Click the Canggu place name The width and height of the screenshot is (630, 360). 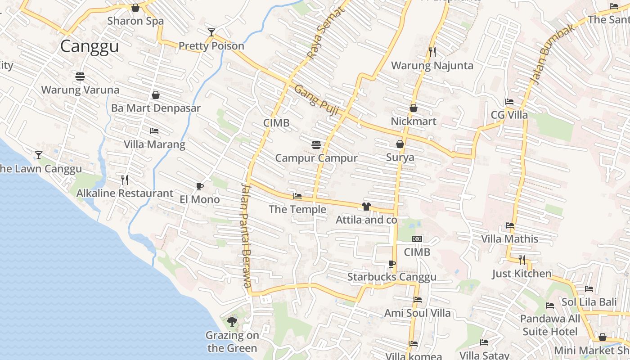[90, 46]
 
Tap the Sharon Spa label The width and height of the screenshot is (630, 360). [135, 21]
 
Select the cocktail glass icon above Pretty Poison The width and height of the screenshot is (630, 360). [211, 32]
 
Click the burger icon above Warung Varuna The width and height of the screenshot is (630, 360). [80, 76]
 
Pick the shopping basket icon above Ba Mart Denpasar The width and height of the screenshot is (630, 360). [156, 95]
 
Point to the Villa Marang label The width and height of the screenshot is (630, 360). [154, 144]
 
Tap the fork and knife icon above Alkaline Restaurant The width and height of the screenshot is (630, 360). [125, 180]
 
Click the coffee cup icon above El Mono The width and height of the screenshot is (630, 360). [200, 186]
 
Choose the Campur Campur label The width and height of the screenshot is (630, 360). [316, 158]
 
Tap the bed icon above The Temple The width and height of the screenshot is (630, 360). [297, 196]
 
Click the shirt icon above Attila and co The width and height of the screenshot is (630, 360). [366, 207]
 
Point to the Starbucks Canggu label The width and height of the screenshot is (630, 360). [391, 277]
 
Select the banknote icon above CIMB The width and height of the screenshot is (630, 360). [417, 239]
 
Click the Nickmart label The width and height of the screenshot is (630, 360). [413, 121]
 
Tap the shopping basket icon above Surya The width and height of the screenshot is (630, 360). [400, 144]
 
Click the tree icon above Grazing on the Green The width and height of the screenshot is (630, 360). [232, 321]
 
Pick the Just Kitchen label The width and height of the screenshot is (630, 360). [521, 274]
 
